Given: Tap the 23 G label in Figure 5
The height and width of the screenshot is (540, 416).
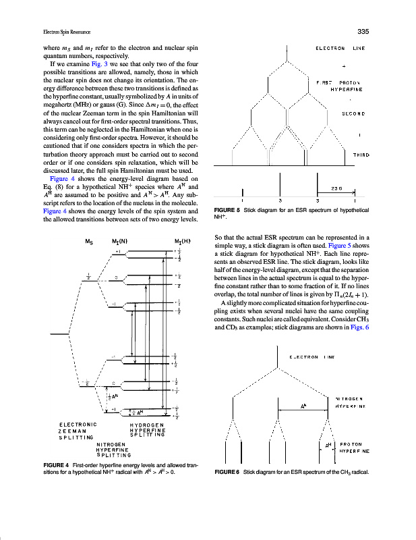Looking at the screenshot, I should click(338, 188).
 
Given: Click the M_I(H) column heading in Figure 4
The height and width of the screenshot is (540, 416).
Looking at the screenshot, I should click(182, 241).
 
